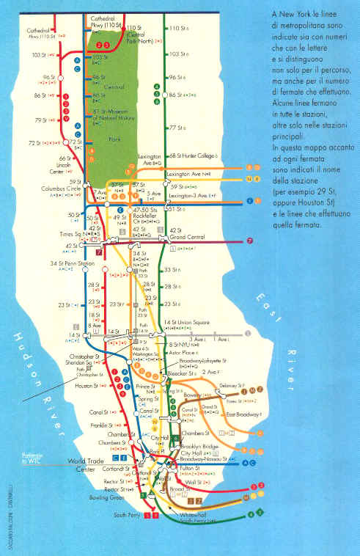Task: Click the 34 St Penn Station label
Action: [51, 263]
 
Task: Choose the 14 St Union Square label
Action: [190, 323]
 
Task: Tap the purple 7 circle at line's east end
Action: [249, 241]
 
